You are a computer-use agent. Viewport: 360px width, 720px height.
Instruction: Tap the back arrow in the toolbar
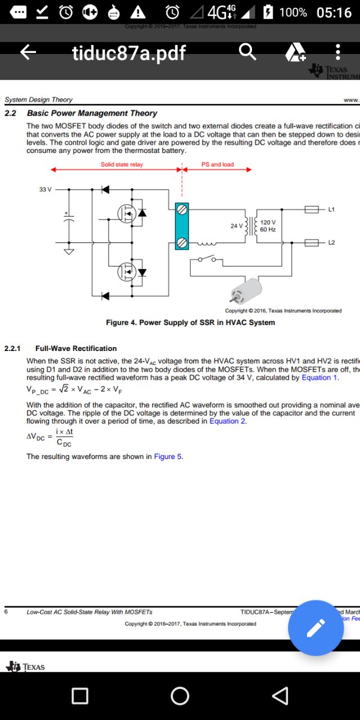28,52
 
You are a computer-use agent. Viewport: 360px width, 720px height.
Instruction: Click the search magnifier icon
247,52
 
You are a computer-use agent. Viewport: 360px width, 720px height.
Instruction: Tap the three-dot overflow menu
337,52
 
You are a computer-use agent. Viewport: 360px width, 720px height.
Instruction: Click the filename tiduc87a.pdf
129,53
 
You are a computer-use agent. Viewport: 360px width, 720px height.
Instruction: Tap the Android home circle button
180,696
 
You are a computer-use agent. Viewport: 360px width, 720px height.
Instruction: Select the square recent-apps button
80,696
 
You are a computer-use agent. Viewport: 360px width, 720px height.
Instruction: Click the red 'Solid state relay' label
121,165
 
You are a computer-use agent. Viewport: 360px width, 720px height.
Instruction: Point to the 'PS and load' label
217,165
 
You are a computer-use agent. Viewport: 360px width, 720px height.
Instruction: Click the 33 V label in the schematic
45,190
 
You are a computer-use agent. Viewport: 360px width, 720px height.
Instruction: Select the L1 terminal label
331,210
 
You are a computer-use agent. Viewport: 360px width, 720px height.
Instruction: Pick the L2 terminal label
331,242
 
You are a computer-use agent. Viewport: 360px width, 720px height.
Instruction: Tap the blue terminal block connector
181,226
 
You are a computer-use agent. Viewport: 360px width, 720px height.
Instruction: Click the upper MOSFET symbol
127,213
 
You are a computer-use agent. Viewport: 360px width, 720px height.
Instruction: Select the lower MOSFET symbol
127,272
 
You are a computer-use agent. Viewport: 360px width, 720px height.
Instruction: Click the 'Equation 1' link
319,377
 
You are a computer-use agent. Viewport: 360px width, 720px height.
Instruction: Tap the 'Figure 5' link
168,456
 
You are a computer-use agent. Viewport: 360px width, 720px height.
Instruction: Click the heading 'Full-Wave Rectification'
76,348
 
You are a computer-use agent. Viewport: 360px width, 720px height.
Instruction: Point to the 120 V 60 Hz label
268,226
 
